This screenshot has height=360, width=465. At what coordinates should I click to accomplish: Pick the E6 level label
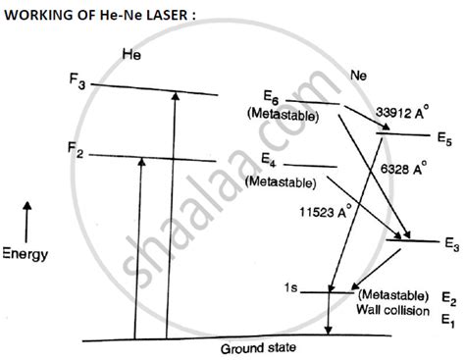[x=272, y=98]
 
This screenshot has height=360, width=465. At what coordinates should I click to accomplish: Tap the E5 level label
[x=444, y=136]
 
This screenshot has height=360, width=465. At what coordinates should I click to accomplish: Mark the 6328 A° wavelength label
[x=402, y=170]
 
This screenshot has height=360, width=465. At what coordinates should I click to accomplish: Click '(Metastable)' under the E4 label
[x=280, y=181]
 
